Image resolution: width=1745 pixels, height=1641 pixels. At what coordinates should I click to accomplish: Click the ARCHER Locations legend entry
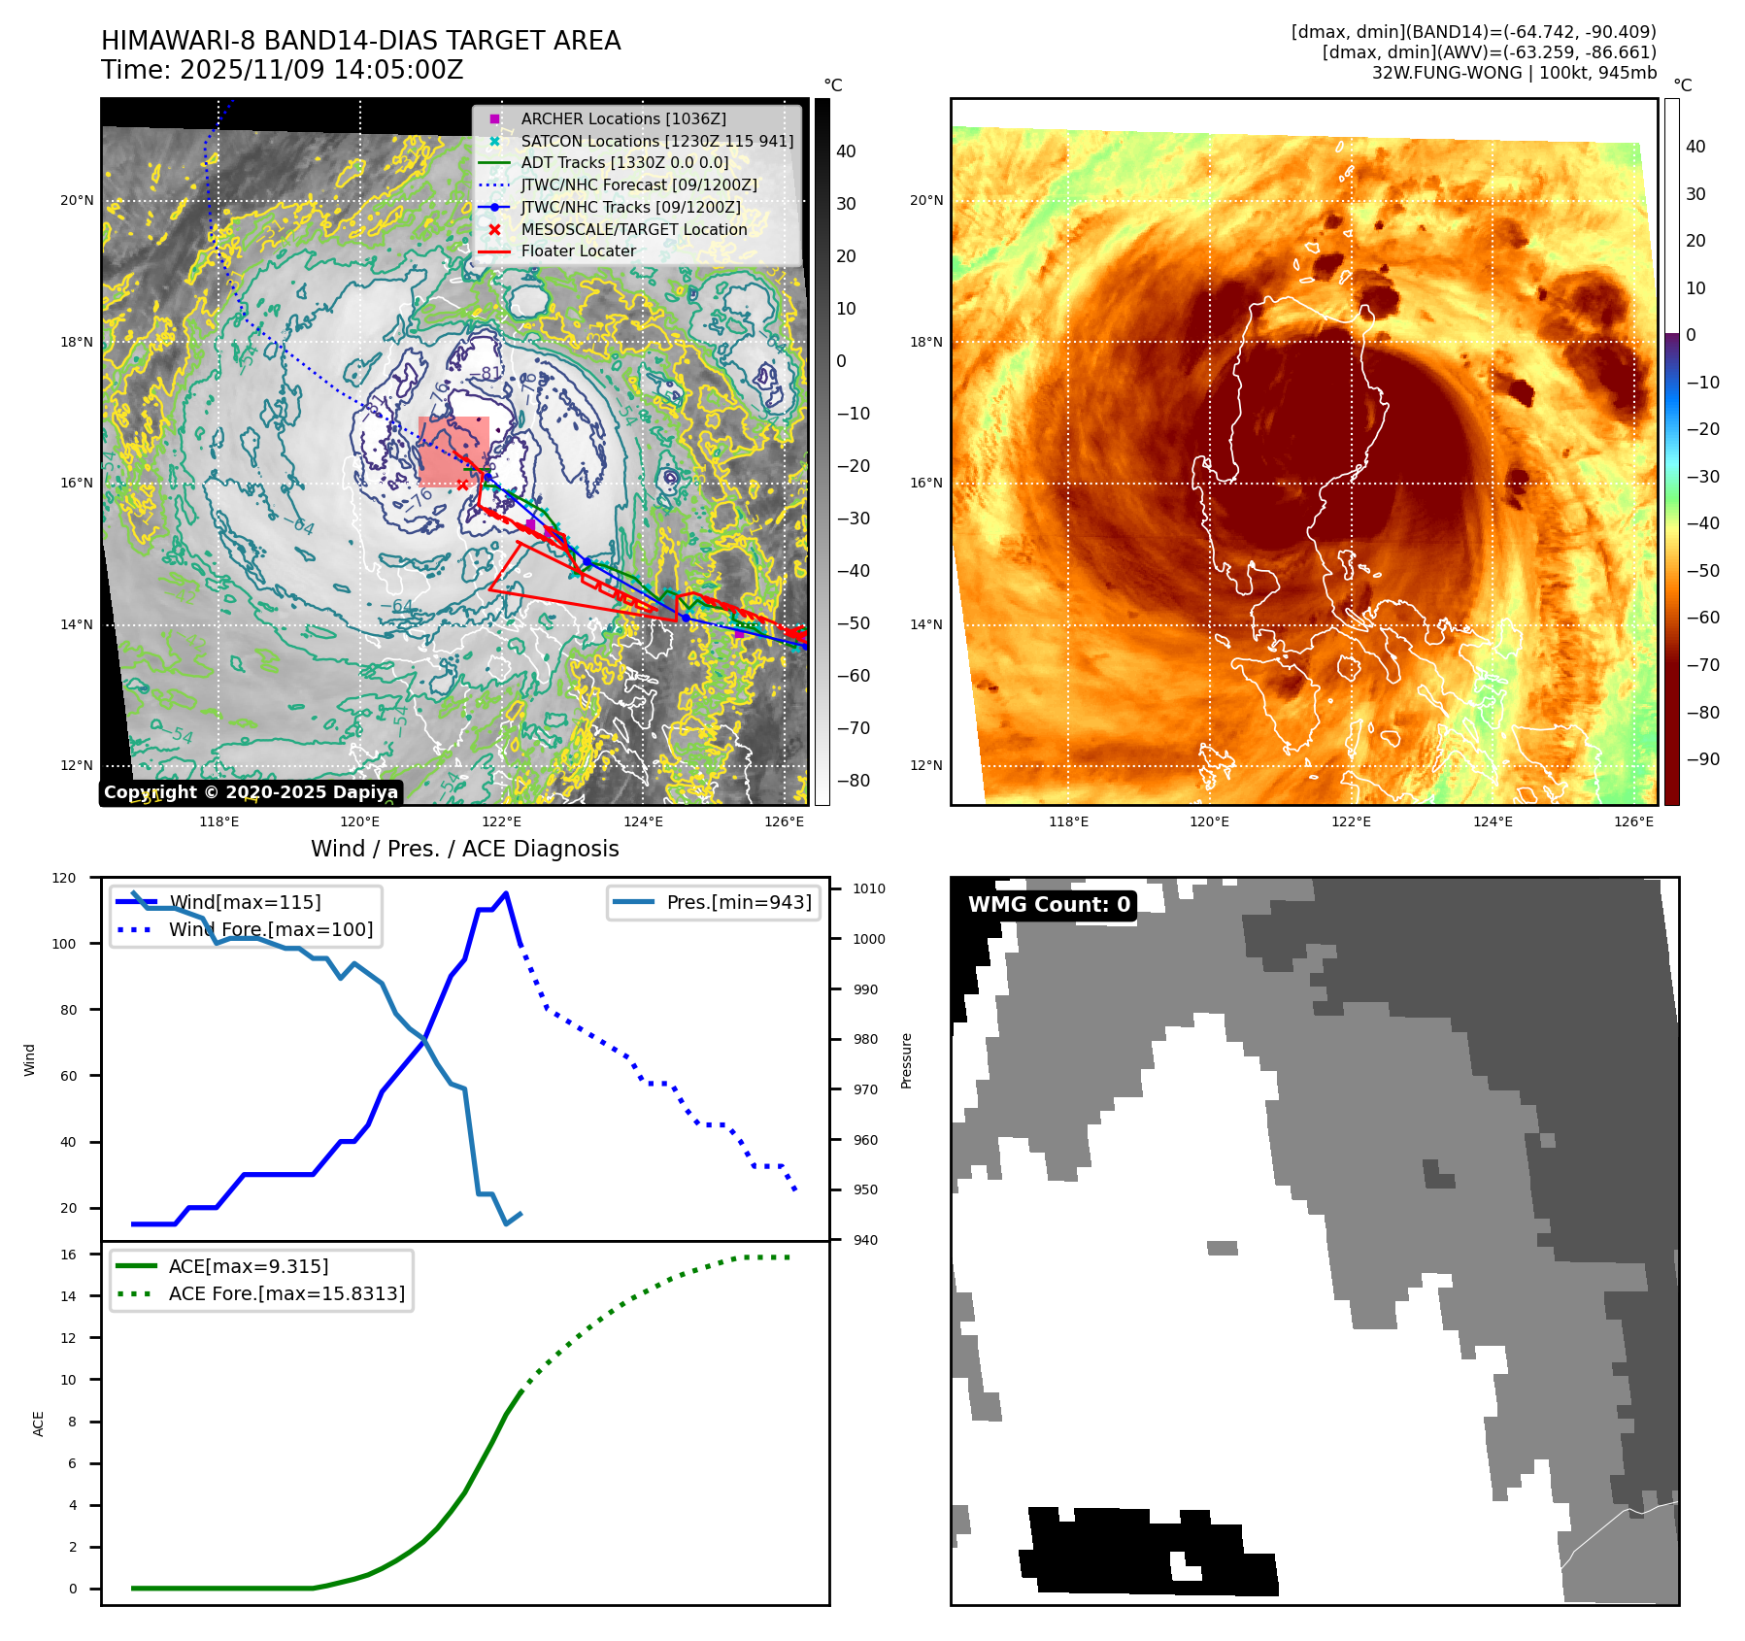(x=622, y=118)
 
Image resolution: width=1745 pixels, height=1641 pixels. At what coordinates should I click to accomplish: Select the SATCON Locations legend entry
(x=656, y=141)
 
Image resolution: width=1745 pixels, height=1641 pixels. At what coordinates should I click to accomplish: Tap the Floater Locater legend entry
(x=578, y=251)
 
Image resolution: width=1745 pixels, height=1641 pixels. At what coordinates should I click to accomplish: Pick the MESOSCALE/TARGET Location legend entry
(x=633, y=229)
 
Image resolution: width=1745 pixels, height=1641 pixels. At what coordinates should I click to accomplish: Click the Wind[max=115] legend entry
(x=245, y=902)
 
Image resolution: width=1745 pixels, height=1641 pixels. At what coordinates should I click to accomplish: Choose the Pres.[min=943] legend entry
(x=738, y=902)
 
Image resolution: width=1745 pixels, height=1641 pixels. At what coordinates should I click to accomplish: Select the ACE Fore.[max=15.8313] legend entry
(x=286, y=1293)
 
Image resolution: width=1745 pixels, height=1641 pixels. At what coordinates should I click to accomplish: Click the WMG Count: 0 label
(x=1049, y=905)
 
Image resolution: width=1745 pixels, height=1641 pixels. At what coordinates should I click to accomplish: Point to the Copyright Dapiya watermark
(x=251, y=792)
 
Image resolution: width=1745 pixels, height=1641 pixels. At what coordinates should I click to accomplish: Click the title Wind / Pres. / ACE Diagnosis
(x=464, y=849)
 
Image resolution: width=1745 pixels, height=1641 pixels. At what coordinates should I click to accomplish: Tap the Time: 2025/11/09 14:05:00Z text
(x=282, y=70)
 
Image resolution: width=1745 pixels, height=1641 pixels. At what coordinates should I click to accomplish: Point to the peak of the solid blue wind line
(x=506, y=893)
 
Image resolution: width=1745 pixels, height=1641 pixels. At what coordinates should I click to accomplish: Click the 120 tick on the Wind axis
(x=64, y=878)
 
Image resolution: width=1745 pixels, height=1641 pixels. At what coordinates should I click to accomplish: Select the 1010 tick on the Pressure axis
(x=869, y=888)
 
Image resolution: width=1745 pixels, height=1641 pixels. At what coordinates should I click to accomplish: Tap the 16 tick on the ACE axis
(x=69, y=1255)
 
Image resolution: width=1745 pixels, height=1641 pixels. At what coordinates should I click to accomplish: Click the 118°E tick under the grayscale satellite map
(x=219, y=821)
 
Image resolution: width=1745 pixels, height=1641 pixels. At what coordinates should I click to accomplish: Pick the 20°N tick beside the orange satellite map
(x=926, y=201)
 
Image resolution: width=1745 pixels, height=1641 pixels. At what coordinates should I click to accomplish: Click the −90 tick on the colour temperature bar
(x=1703, y=759)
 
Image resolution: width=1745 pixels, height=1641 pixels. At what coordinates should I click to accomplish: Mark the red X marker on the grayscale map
(x=462, y=485)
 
